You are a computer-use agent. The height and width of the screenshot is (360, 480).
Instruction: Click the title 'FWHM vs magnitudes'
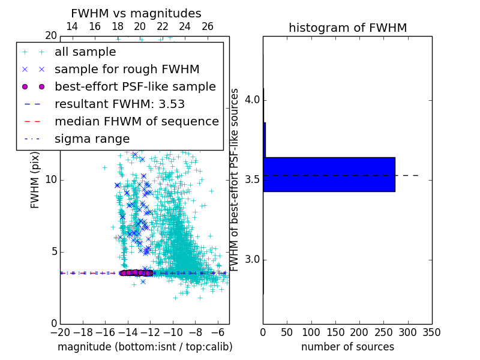136,13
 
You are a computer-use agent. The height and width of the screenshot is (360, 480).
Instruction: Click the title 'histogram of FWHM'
347,28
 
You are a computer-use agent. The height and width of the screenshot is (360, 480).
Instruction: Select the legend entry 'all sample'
85,52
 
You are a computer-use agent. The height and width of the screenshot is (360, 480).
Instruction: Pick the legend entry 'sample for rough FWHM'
127,69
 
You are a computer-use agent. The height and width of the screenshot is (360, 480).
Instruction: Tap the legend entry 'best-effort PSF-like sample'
135,86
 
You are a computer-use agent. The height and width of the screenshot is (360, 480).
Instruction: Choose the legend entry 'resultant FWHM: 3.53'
119,104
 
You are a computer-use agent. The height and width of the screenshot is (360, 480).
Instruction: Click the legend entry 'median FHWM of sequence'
137,121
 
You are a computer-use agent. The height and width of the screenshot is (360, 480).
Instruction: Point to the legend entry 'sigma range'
92,139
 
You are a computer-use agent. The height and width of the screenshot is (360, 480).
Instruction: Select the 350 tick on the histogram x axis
431,332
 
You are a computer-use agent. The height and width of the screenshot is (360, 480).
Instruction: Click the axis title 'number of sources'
347,347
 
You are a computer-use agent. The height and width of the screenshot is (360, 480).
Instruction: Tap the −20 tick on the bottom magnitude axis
60,332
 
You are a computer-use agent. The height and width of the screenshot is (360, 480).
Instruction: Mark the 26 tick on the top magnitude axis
208,26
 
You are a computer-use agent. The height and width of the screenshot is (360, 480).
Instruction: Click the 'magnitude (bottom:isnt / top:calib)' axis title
145,347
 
